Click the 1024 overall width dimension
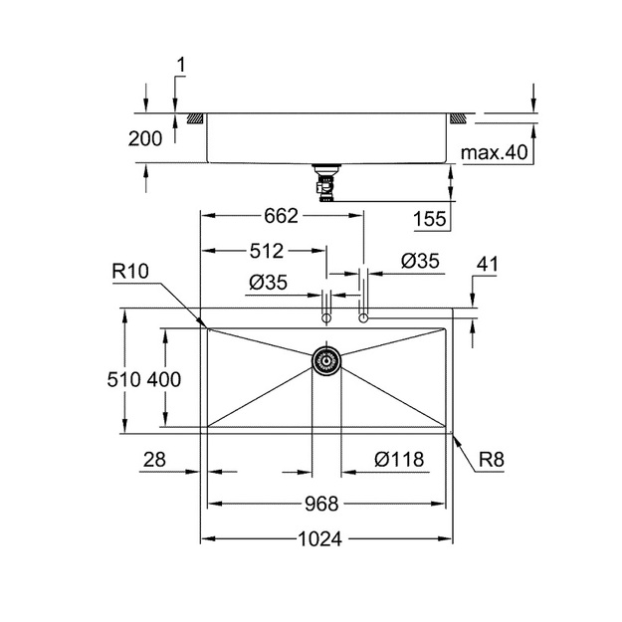pyautogui.click(x=319, y=539)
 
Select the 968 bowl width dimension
pyautogui.click(x=321, y=505)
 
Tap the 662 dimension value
pyautogui.click(x=281, y=216)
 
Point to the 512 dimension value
pyautogui.click(x=267, y=251)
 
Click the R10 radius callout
pyautogui.click(x=130, y=272)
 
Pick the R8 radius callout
pyautogui.click(x=491, y=460)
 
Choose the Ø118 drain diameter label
pyautogui.click(x=399, y=460)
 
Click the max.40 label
pyautogui.click(x=495, y=152)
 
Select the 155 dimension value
pyautogui.click(x=430, y=219)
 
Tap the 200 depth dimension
pyautogui.click(x=145, y=139)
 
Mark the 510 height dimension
pyautogui.click(x=123, y=379)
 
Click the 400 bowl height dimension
pyautogui.click(x=164, y=379)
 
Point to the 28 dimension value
pyautogui.click(x=154, y=460)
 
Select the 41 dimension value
pyautogui.click(x=487, y=264)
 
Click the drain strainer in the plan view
pyautogui.click(x=326, y=360)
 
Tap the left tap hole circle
pyautogui.click(x=326, y=318)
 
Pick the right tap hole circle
pyautogui.click(x=363, y=318)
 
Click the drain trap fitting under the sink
pyautogui.click(x=325, y=183)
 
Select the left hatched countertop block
pyautogui.click(x=195, y=118)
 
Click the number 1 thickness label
pyautogui.click(x=180, y=65)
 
